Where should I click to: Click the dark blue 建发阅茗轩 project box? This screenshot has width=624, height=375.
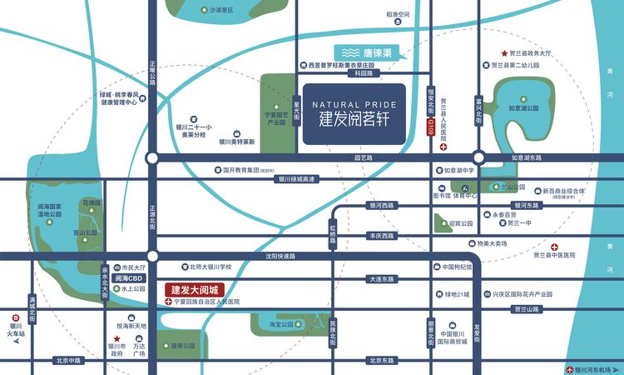354,114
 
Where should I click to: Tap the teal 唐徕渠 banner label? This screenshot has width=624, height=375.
367,52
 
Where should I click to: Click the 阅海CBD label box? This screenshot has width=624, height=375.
129,278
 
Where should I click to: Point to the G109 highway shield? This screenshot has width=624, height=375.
431,127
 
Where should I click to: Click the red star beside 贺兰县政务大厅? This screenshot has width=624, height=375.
503,52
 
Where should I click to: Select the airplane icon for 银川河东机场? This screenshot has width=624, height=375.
570,369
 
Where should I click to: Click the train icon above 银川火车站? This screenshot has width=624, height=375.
16,317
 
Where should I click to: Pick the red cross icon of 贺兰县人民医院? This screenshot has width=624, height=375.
443,147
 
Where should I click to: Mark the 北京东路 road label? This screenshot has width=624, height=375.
379,361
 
